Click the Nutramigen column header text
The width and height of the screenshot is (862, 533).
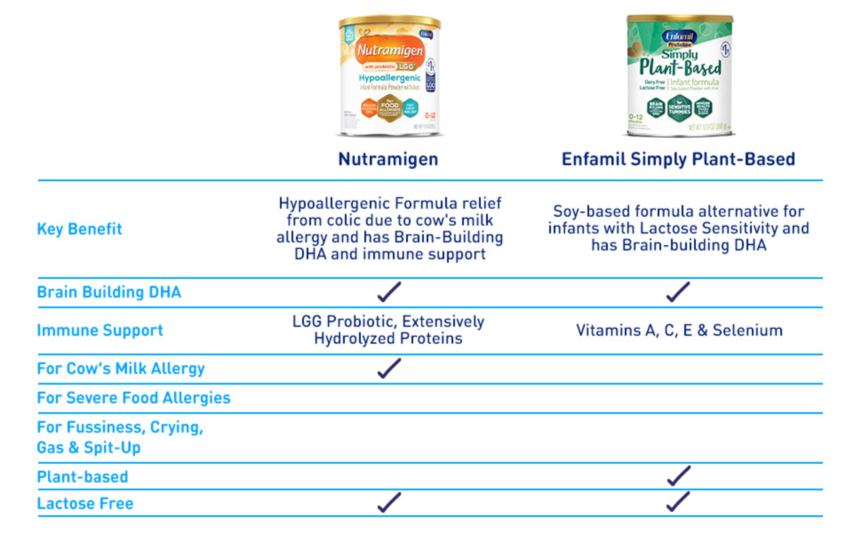pyautogui.click(x=388, y=159)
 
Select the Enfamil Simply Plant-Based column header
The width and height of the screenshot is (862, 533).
pyautogui.click(x=678, y=159)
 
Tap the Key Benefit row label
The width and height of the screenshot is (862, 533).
pyautogui.click(x=79, y=229)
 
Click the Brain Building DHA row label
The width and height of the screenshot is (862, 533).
pyautogui.click(x=109, y=292)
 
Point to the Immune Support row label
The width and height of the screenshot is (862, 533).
pyautogui.click(x=100, y=330)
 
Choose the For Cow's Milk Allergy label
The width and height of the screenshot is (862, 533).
pyautogui.click(x=121, y=369)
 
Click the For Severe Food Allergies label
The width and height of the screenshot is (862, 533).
pyautogui.click(x=134, y=398)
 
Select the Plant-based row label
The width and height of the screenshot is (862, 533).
pyautogui.click(x=83, y=477)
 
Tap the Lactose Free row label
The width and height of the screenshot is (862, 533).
pyautogui.click(x=85, y=504)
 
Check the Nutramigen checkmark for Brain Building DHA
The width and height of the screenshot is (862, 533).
pyautogui.click(x=389, y=292)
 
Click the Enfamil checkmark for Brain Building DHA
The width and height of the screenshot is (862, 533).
pyautogui.click(x=678, y=292)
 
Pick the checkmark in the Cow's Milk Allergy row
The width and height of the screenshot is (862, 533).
pyautogui.click(x=389, y=369)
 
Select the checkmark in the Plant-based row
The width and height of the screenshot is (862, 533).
pyautogui.click(x=678, y=476)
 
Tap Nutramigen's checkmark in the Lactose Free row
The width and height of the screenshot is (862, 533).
pyautogui.click(x=389, y=503)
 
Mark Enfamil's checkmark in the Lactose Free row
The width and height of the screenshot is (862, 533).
pyautogui.click(x=678, y=502)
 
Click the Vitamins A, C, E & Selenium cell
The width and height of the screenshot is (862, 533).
pyautogui.click(x=679, y=330)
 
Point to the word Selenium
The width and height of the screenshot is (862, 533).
pyautogui.click(x=747, y=330)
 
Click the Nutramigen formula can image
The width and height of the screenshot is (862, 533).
pyautogui.click(x=389, y=76)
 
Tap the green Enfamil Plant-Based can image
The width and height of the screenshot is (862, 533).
pyautogui.click(x=679, y=76)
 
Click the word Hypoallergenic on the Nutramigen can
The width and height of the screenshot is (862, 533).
pyautogui.click(x=389, y=78)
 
